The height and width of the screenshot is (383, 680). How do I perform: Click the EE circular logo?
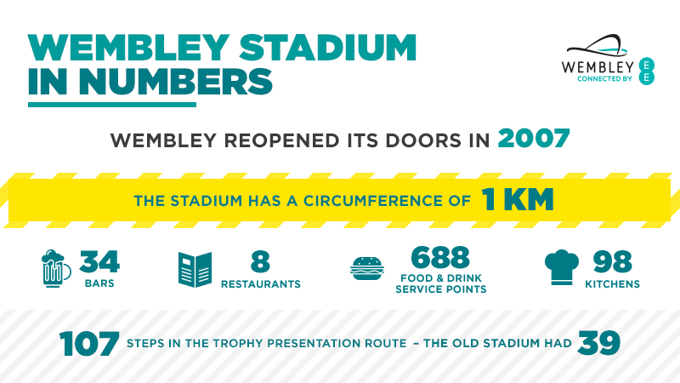[x=647, y=71]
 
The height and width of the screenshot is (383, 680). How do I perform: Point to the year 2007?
[x=533, y=139]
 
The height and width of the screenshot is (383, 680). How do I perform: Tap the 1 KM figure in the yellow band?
[x=518, y=200]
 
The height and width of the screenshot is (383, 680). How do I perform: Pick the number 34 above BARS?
[x=99, y=261]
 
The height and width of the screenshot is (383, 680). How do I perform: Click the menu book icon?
[x=195, y=269]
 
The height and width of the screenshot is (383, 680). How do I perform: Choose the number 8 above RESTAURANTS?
[x=261, y=261]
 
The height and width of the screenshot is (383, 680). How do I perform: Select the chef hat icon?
[x=561, y=269]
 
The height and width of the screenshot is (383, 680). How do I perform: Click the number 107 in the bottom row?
[x=89, y=345]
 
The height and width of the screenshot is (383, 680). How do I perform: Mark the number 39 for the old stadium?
[x=599, y=344]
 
